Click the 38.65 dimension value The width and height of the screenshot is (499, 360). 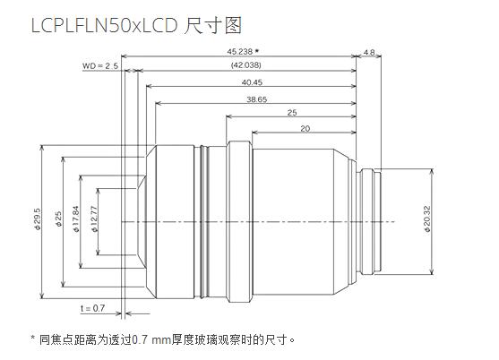(256, 99)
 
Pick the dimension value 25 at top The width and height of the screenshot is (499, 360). (292, 113)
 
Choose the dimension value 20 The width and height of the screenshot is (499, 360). (305, 129)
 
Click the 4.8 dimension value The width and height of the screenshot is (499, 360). (370, 53)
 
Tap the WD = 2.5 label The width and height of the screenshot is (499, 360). (99, 66)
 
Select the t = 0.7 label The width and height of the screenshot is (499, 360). (92, 308)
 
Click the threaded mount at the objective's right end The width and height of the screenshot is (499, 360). (374, 220)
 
